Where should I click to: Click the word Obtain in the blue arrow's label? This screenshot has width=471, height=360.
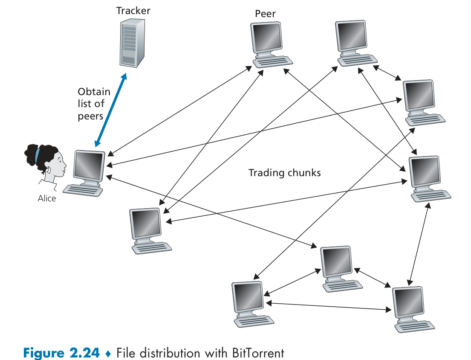[x=94, y=92]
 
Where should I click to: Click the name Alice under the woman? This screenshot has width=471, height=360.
[x=47, y=198]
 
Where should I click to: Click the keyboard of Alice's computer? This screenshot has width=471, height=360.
[x=83, y=189]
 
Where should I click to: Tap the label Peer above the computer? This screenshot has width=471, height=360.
[x=265, y=14]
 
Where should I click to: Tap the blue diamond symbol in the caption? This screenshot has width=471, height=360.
[x=108, y=354]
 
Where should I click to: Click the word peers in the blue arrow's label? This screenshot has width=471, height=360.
[x=90, y=116]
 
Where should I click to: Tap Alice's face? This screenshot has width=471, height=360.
[x=57, y=163]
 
